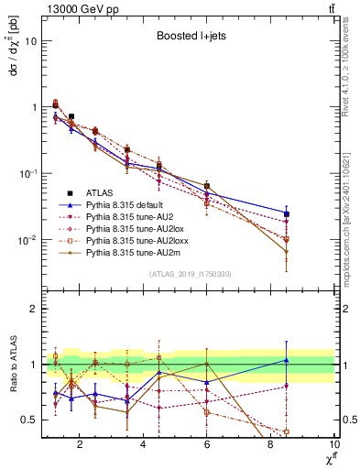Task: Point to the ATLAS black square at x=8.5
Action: point(287,213)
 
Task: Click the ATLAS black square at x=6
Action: point(207,186)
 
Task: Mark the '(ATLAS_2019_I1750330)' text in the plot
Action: point(189,273)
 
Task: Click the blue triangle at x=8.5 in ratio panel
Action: point(287,360)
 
